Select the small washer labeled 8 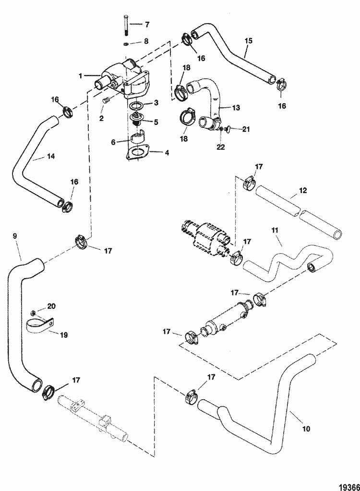[125, 45]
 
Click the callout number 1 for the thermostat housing [81, 75]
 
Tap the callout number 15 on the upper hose [248, 41]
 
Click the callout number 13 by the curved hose [235, 108]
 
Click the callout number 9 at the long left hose [14, 236]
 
